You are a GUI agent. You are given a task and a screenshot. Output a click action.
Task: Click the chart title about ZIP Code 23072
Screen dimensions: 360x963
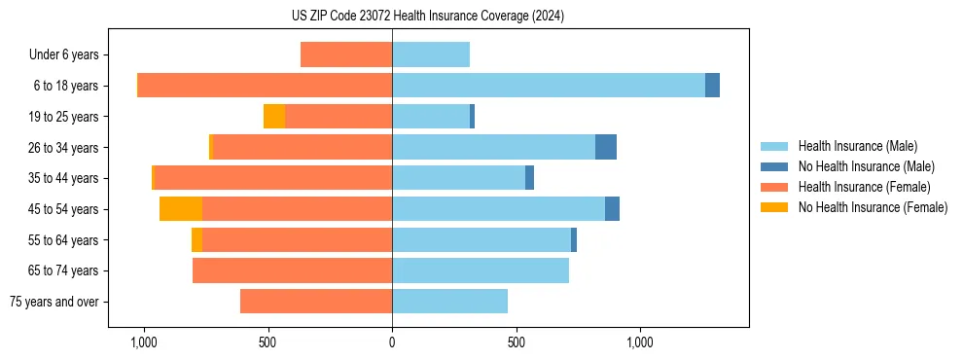click(427, 16)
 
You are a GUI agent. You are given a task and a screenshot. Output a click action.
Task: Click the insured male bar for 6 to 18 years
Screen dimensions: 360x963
click(549, 86)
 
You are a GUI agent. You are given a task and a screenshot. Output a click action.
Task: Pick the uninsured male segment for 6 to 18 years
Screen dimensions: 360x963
click(712, 86)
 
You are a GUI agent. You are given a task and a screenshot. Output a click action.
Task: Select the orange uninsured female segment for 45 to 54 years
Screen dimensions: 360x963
click(181, 209)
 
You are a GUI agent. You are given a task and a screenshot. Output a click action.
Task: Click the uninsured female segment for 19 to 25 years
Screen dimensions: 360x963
click(274, 117)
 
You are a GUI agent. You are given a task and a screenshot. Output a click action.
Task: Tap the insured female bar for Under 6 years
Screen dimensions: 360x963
click(346, 54)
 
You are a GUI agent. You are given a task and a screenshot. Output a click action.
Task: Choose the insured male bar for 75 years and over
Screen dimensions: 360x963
click(449, 302)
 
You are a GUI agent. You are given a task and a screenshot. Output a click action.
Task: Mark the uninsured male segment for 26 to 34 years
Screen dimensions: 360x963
click(606, 147)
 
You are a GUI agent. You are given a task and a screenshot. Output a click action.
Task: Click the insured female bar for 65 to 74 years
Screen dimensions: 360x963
click(292, 270)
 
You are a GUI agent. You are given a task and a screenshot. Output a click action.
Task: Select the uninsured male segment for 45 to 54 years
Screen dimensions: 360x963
click(612, 209)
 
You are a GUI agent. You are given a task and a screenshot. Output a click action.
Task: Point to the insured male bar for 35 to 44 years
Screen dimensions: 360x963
click(458, 178)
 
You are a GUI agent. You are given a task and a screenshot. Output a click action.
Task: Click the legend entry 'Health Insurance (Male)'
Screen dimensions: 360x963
click(856, 146)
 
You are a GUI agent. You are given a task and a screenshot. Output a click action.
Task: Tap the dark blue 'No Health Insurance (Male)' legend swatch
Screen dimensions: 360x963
click(774, 166)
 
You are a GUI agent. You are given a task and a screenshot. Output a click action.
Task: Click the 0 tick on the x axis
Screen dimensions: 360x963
click(392, 342)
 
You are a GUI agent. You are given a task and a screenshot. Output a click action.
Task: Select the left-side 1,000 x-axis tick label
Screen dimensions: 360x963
click(143, 342)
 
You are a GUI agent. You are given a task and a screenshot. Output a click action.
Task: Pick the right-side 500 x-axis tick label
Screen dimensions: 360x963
click(517, 342)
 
